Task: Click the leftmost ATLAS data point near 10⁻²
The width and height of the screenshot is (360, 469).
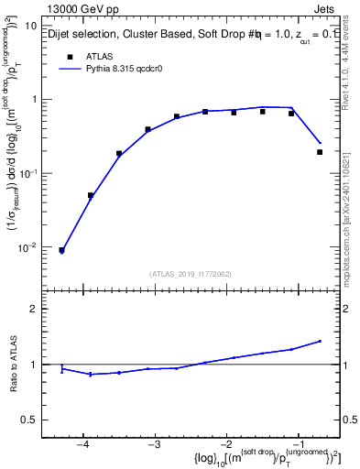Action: pyautogui.click(x=61, y=249)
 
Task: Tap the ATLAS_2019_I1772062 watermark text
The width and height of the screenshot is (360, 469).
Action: pyautogui.click(x=190, y=273)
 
